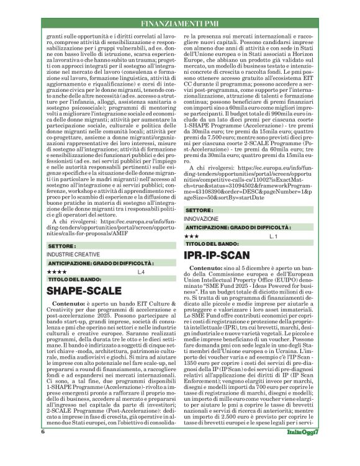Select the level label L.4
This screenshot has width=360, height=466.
tap(142, 271)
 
